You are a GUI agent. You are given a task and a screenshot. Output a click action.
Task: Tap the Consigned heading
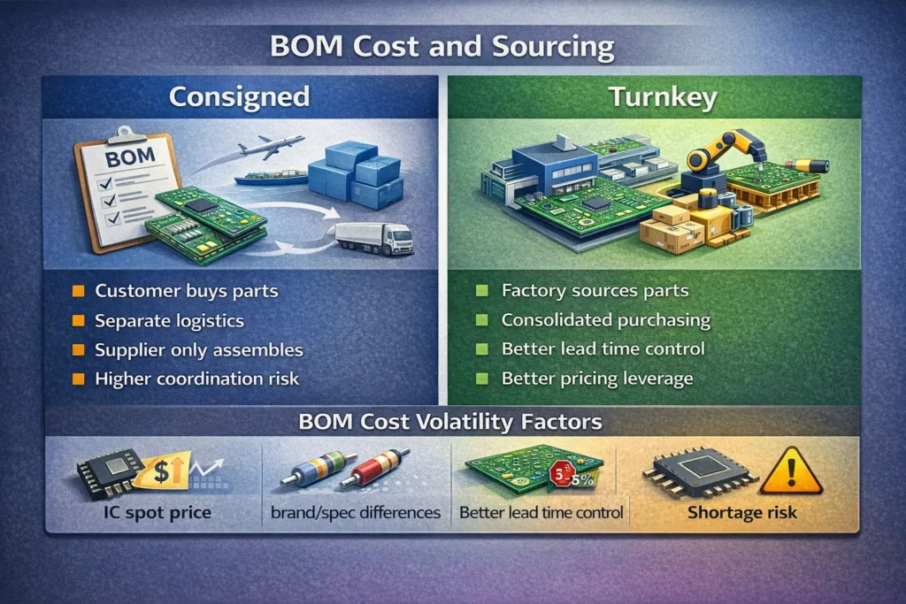point(239,96)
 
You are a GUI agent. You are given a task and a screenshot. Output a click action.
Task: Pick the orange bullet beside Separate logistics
point(78,320)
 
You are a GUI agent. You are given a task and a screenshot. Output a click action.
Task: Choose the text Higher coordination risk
point(196,378)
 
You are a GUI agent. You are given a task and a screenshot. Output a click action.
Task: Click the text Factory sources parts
point(595,290)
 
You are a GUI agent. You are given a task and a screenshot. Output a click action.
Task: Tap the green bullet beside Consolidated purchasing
point(482,320)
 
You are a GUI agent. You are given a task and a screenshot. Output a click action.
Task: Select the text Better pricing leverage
point(597,378)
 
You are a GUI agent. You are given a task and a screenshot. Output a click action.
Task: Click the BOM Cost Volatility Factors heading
point(452,422)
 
